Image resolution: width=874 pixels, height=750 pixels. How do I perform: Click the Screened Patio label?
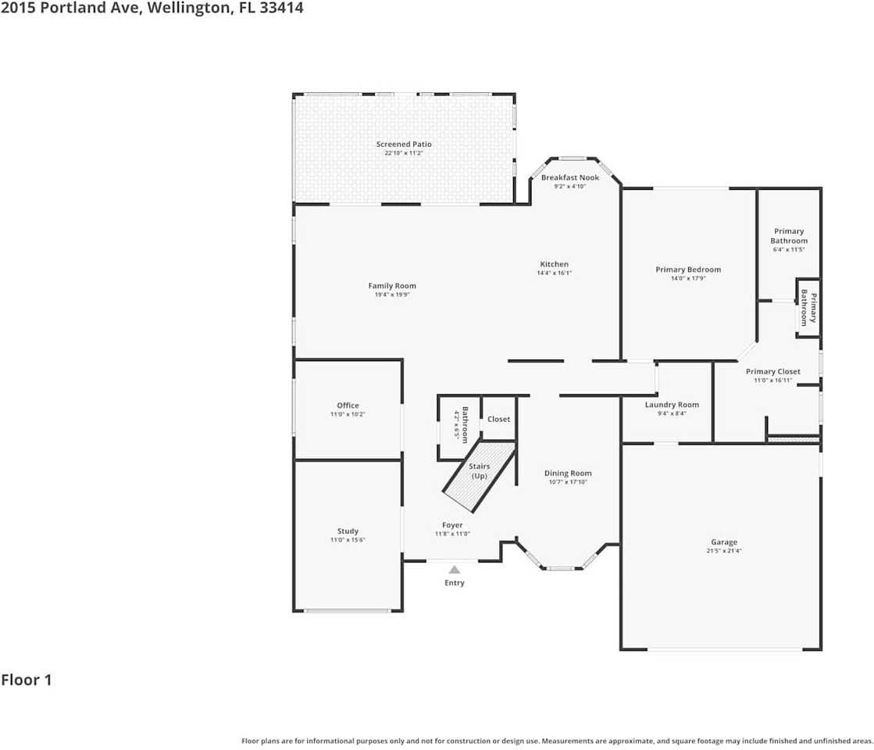click(x=403, y=145)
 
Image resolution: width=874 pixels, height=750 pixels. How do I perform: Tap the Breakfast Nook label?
click(x=570, y=177)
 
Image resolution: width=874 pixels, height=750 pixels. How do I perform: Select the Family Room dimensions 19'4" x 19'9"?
click(x=392, y=295)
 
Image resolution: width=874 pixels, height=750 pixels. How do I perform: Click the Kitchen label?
click(x=554, y=264)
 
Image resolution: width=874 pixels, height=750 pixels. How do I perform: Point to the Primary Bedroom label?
click(x=687, y=270)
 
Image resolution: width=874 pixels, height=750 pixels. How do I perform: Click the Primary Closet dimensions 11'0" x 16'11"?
click(x=772, y=380)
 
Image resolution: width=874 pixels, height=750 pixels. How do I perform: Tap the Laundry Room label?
click(x=671, y=405)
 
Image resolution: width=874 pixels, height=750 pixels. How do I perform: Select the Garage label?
click(x=723, y=542)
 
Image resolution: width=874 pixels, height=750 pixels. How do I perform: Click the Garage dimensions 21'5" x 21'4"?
click(x=723, y=551)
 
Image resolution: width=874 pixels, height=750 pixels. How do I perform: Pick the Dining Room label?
click(x=567, y=473)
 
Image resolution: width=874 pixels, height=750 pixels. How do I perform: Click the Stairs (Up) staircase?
click(x=479, y=474)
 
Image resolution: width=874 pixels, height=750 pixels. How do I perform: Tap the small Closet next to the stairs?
click(x=498, y=420)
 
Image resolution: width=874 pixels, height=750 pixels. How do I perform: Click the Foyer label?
click(x=452, y=525)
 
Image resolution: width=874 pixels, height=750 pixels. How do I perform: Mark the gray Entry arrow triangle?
click(x=454, y=570)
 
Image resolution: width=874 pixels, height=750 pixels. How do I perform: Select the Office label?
click(x=348, y=405)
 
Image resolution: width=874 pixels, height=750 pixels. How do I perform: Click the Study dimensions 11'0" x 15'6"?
click(x=348, y=540)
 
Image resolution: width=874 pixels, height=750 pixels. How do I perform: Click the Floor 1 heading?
click(x=27, y=680)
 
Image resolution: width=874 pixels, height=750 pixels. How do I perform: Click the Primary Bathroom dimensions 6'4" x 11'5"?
click(x=788, y=249)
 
